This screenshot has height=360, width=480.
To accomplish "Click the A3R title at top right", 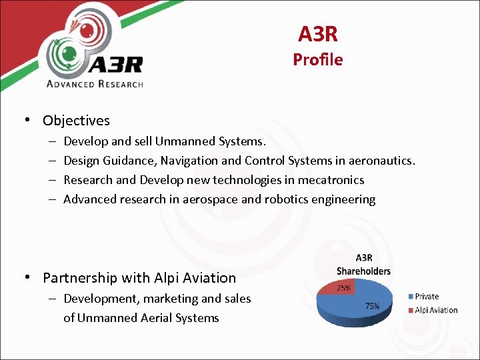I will click(x=317, y=34).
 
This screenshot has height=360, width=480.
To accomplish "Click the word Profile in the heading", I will click(x=317, y=60).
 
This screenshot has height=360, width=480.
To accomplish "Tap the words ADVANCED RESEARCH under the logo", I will click(x=95, y=83).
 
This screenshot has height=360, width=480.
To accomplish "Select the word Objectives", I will click(x=76, y=121).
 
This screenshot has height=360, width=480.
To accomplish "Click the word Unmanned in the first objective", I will click(x=182, y=141).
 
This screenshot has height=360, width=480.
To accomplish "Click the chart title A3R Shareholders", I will click(x=363, y=265).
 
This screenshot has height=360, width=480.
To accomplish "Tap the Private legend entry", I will click(x=427, y=297).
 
